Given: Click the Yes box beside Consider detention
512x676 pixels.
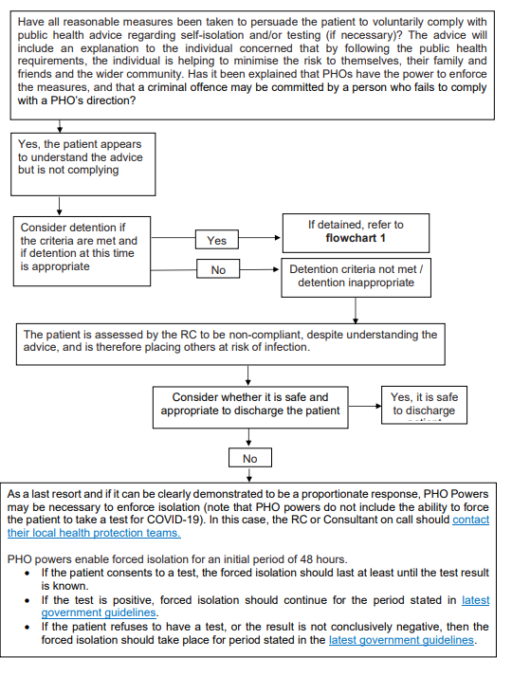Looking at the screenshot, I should [x=217, y=241].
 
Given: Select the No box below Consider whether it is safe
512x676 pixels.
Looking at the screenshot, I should [x=249, y=458].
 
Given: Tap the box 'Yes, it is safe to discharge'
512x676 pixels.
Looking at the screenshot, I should [x=424, y=404].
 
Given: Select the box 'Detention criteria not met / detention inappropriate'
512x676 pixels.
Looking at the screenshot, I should [x=356, y=276].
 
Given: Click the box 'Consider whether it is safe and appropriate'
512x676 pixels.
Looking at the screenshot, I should [x=250, y=404].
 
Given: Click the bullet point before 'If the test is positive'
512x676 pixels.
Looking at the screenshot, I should [x=28, y=600].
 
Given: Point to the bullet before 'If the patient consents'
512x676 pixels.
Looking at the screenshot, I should [x=28, y=574].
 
